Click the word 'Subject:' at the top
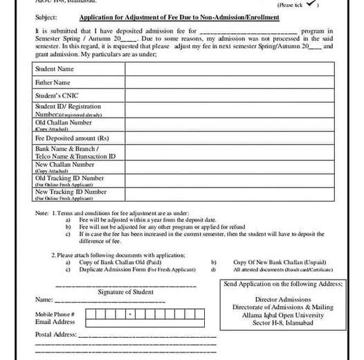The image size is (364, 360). pos(45,17)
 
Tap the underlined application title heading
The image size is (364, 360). pos(179,17)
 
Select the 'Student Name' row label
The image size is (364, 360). pos(55,69)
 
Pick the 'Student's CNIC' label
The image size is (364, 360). pos(57,95)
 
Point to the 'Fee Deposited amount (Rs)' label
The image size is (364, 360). pos(72,138)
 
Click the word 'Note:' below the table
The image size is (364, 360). pos(42,212)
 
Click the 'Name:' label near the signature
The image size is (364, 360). pos(44,300)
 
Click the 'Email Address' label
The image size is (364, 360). pos(55,322)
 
